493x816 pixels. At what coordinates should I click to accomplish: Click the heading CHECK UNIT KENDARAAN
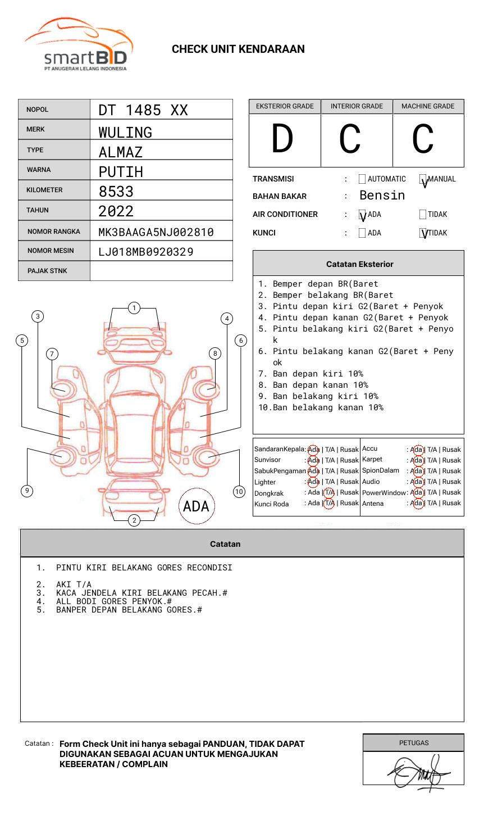pos(238,49)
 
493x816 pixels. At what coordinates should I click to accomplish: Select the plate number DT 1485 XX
pos(143,110)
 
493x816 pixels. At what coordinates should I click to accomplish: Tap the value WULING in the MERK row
pos(125,133)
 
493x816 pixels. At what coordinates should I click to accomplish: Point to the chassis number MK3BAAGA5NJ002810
pos(156,232)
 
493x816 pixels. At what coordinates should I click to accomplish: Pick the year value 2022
pos(116,211)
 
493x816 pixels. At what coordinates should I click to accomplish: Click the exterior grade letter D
pos(282,139)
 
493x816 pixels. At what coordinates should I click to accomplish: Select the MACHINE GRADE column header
pos(428,106)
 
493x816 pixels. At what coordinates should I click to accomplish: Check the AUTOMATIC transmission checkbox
pos(362,179)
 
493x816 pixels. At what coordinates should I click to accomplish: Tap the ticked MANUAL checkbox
pos(423,179)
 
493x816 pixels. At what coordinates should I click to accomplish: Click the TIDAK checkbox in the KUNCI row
pos(423,233)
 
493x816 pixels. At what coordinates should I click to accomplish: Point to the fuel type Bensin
pos(382,196)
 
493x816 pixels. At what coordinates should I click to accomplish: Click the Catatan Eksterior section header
pos(359,264)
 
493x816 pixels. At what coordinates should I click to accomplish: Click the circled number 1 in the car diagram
pos(134,308)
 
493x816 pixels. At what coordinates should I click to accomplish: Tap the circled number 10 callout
pos(239,492)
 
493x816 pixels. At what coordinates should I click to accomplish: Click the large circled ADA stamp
pos(196,506)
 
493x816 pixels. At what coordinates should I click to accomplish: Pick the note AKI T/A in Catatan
pos(74,584)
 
